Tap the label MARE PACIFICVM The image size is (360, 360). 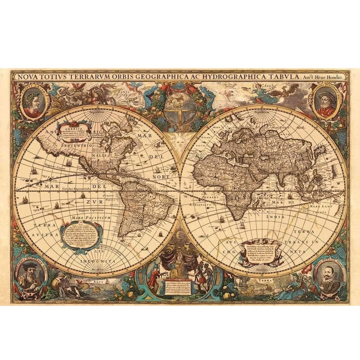coord(88,219)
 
